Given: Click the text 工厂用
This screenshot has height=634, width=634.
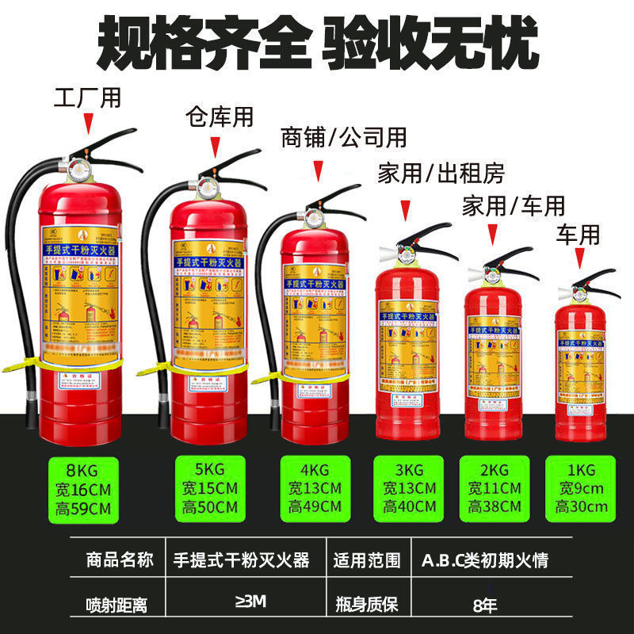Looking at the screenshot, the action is coord(87,98).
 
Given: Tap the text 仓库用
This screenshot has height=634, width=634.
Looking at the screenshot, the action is coord(219,116).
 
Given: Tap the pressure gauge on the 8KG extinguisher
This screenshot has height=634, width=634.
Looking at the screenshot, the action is coord(81,170).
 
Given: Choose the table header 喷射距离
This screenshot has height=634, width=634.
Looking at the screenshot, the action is coord(116,606).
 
